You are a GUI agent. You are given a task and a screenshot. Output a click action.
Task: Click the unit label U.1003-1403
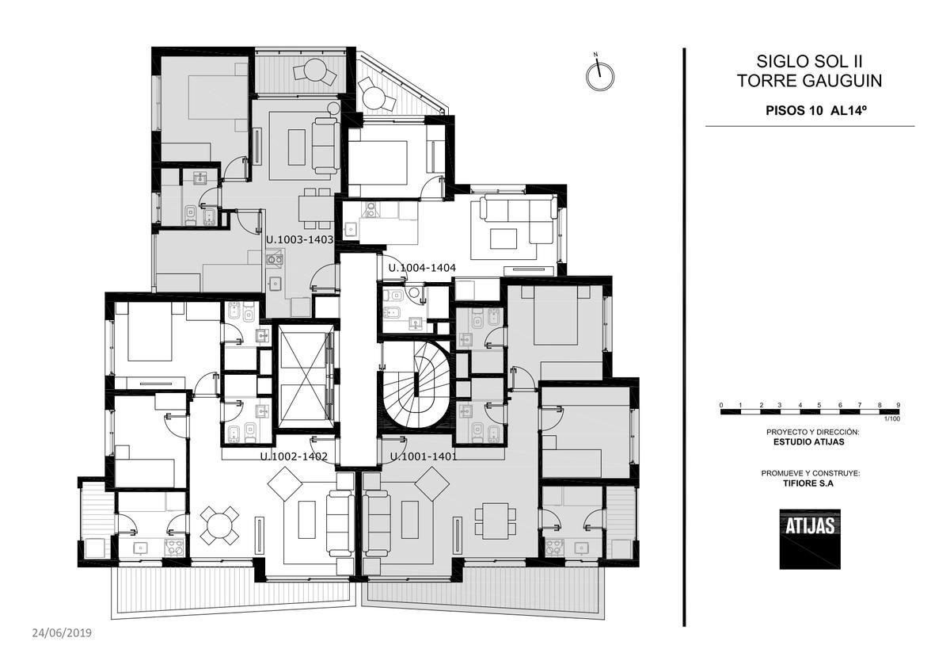coord(300,240)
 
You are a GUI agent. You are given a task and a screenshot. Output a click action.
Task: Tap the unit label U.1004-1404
coord(422,268)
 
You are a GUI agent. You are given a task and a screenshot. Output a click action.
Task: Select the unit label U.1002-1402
coord(294,456)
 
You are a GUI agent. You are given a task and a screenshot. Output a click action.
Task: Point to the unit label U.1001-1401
coord(424,456)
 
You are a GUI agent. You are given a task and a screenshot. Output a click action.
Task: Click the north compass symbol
coord(600,74)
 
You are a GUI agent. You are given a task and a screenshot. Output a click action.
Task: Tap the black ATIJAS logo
coord(810,539)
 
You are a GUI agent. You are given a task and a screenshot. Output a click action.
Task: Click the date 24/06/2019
coord(62,633)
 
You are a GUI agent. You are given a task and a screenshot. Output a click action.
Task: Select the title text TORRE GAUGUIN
coord(809,81)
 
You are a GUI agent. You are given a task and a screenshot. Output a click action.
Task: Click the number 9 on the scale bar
coord(899,405)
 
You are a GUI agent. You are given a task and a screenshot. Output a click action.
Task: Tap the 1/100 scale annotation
coord(892,419)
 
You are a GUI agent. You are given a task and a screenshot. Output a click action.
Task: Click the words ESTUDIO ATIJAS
coord(809,442)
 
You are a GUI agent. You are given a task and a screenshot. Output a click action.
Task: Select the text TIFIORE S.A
coord(808,483)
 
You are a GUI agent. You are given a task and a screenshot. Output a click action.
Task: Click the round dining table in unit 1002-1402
coord(219,525)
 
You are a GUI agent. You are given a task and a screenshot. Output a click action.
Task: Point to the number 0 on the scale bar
coord(721,405)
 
